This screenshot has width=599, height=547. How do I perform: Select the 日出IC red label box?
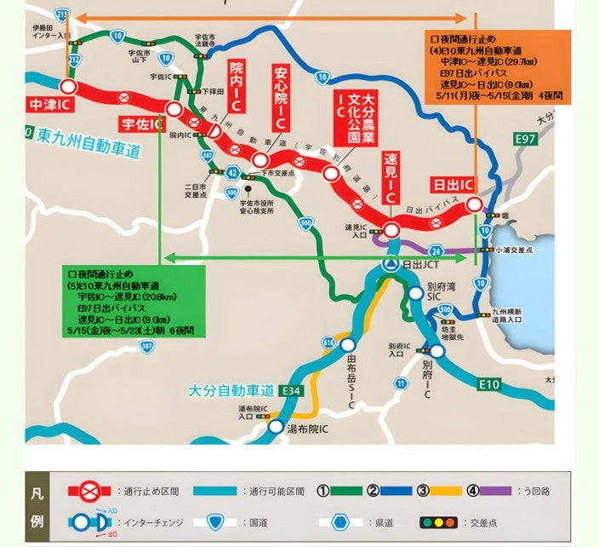pos(454,185)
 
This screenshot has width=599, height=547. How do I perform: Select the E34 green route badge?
pos(291,391)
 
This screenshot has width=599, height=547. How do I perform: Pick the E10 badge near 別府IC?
pos(489,385)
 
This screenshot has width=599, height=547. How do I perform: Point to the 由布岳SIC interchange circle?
pos(348,344)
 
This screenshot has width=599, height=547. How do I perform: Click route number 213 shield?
pos(61,14)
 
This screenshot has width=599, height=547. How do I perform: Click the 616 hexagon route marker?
pos(328,342)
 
